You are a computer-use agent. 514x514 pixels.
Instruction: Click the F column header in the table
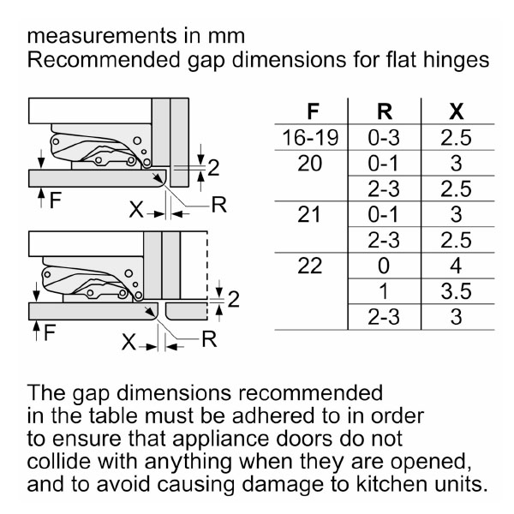tap(313, 111)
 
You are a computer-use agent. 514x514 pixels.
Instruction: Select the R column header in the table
tap(385, 111)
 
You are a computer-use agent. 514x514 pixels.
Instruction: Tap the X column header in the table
tap(457, 111)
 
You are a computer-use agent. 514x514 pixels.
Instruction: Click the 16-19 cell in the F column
tap(310, 137)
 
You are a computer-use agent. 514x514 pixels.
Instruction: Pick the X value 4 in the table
tap(456, 266)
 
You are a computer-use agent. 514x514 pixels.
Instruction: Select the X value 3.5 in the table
tap(456, 291)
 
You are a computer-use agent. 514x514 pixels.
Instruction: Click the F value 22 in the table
tap(310, 266)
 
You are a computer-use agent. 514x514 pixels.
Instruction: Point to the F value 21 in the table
tap(309, 214)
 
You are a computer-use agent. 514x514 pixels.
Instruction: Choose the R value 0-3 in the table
tap(384, 137)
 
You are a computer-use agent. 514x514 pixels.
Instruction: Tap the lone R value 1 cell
tap(384, 291)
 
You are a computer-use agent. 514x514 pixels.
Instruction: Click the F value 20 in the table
tap(310, 164)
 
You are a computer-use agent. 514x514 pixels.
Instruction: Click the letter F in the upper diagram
tap(56, 200)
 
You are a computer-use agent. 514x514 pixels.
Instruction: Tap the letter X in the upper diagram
tap(136, 209)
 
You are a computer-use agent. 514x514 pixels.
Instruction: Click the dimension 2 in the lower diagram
tap(233, 299)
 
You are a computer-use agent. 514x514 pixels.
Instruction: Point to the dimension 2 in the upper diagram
tap(213, 168)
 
